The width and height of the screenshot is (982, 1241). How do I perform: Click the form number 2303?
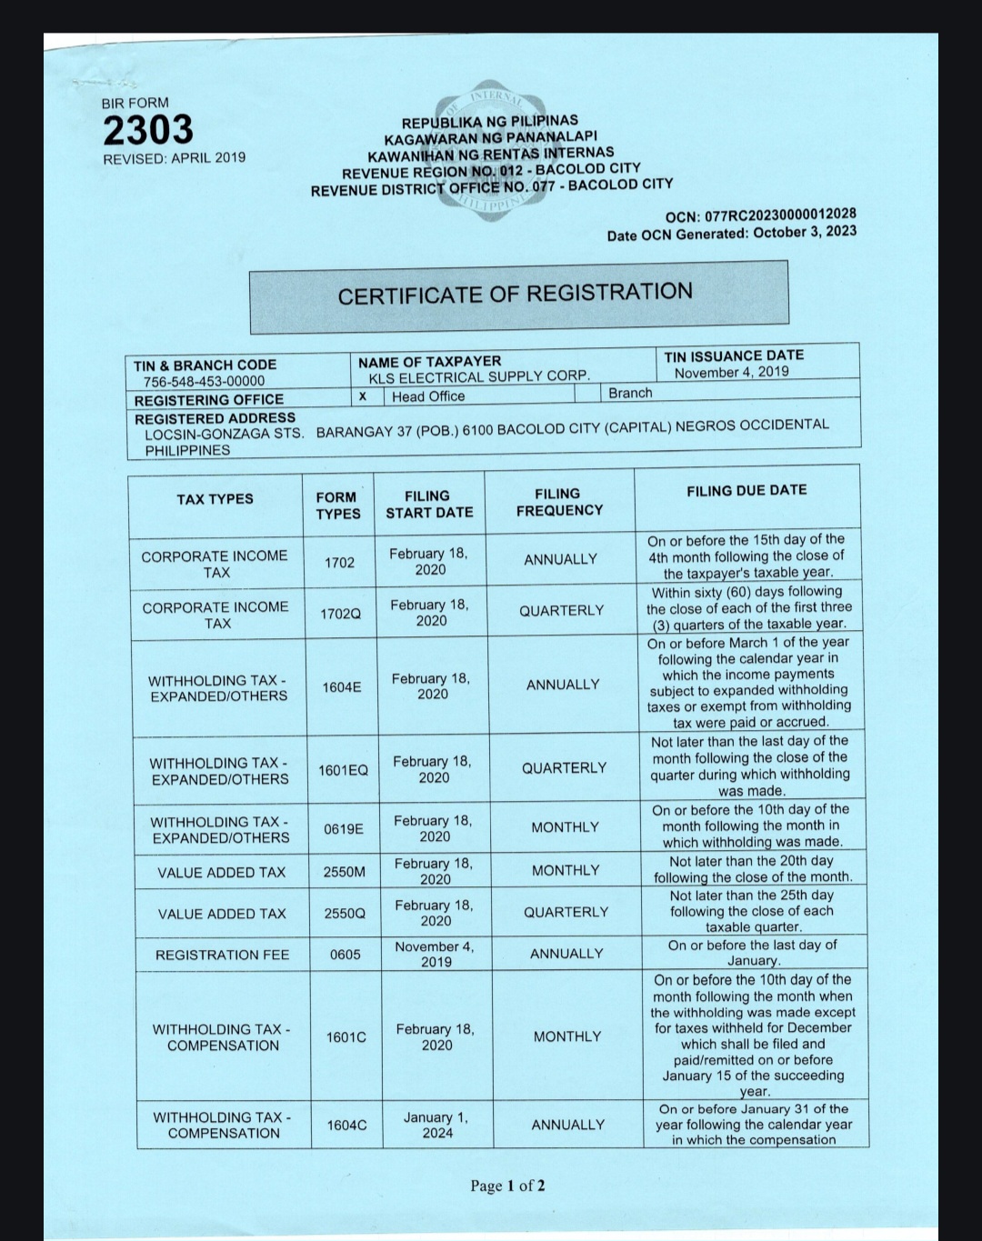[148, 130]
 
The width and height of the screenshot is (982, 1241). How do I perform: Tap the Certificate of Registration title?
[516, 294]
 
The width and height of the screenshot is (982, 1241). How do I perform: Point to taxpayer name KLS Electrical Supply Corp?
[479, 376]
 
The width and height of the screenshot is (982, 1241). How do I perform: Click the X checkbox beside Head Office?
[363, 395]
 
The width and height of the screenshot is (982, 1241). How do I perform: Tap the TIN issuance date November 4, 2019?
[732, 372]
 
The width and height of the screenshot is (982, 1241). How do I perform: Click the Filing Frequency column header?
[559, 502]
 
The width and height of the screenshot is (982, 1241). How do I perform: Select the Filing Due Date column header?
[747, 490]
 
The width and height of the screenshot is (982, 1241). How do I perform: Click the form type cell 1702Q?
[340, 614]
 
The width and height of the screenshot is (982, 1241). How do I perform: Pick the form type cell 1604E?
[342, 687]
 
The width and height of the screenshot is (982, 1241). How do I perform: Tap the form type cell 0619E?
[344, 828]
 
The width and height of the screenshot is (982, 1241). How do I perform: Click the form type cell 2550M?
[345, 872]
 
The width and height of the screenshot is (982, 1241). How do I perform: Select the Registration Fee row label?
[222, 955]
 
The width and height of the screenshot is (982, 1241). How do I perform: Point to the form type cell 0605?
[346, 955]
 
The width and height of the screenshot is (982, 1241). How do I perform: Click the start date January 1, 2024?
[436, 1125]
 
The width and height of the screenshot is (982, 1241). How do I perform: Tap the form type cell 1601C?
[346, 1036]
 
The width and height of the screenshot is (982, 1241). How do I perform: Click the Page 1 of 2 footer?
[508, 1186]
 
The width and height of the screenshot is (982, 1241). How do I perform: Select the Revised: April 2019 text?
[174, 157]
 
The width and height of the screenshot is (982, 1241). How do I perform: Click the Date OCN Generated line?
[732, 233]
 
